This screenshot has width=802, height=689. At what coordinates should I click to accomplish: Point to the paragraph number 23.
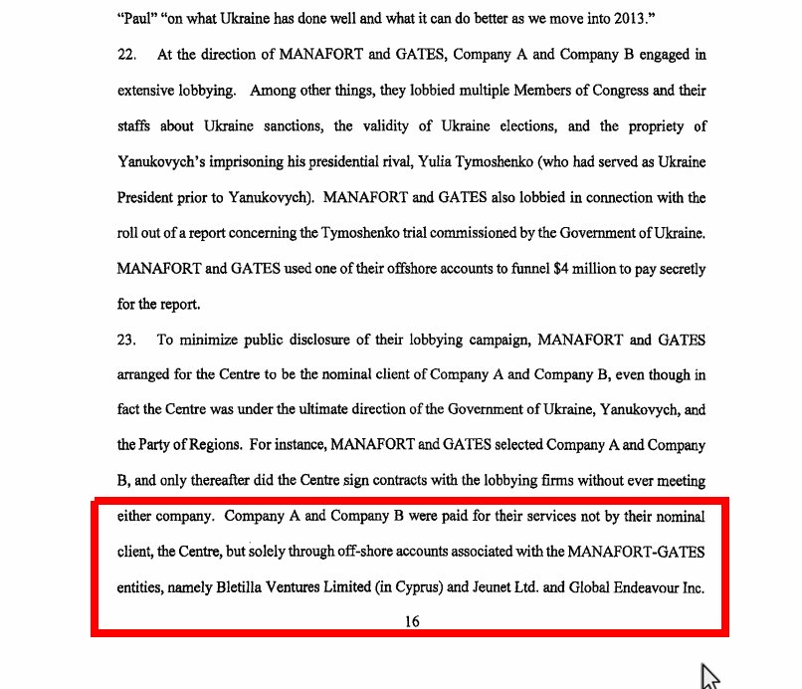click(126, 340)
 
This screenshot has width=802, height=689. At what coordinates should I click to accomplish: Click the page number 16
click(411, 621)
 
